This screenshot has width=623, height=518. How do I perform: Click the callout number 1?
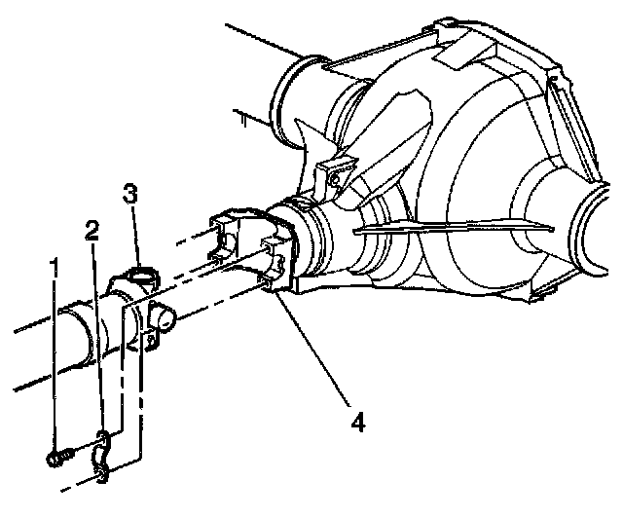[x=54, y=268]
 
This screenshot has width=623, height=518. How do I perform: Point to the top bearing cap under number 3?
[x=143, y=277]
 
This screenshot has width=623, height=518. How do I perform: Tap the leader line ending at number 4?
[x=313, y=349]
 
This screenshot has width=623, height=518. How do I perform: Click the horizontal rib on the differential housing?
[x=453, y=227]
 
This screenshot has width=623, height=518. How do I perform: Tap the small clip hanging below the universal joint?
[x=151, y=340]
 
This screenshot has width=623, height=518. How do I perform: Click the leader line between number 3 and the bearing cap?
[x=136, y=236]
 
